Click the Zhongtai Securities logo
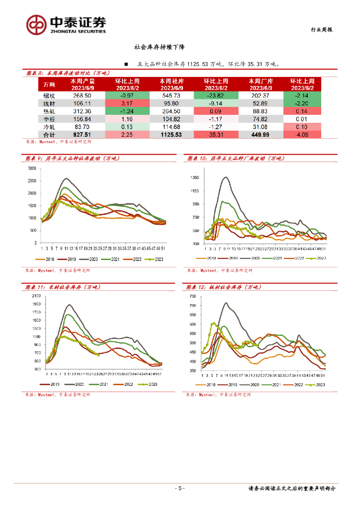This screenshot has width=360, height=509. (66, 24)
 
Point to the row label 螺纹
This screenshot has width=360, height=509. (49, 95)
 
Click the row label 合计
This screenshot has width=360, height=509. (49, 134)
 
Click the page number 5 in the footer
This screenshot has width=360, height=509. (180, 488)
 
